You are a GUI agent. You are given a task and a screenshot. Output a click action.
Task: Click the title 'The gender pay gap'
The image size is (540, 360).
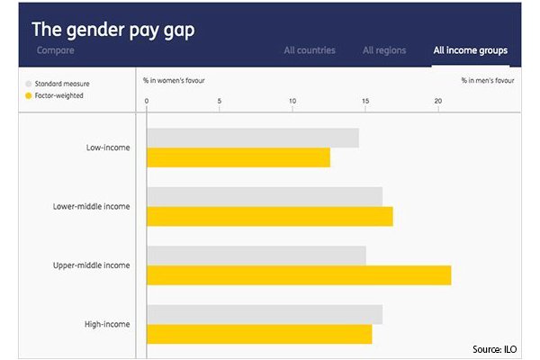(113, 29)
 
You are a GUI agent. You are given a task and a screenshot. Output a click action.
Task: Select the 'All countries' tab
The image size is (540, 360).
(310, 50)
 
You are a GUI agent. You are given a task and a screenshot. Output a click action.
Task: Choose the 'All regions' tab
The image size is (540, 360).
(384, 50)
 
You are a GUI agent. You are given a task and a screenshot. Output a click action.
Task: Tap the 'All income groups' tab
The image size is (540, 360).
(470, 50)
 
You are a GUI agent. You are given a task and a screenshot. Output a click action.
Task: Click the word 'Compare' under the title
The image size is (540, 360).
(56, 50)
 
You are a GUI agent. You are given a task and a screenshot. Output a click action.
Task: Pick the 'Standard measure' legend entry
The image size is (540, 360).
(62, 83)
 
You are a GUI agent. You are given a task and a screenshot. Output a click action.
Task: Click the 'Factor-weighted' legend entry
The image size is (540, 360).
(61, 94)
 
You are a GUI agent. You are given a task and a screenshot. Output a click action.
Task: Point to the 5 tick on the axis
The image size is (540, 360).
(220, 100)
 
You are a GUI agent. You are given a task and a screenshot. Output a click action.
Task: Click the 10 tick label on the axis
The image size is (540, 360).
(292, 100)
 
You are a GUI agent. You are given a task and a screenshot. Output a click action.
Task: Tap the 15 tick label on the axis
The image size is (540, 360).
(365, 100)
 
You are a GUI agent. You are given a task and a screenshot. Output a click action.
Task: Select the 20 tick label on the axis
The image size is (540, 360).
(438, 100)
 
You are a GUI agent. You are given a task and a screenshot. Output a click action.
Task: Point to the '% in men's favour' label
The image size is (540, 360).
(488, 80)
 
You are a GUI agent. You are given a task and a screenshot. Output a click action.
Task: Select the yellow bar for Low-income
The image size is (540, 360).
(238, 157)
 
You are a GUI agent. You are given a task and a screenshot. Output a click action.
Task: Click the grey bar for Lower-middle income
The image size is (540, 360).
(264, 196)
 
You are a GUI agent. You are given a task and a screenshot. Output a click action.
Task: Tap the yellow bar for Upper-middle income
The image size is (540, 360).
(298, 275)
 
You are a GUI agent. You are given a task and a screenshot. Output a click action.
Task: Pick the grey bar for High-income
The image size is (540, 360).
(264, 314)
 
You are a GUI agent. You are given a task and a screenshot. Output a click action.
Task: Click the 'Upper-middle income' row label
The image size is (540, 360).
(92, 265)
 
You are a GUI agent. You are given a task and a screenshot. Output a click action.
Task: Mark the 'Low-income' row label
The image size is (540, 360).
(108, 148)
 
